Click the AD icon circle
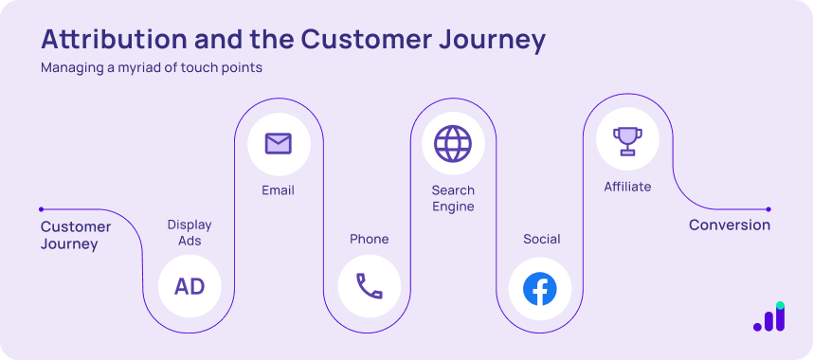click(190, 286)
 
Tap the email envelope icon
click(278, 144)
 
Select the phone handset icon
click(369, 286)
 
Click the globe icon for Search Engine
click(452, 144)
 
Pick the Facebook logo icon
click(540, 288)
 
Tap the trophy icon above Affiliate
click(626, 141)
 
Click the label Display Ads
click(190, 233)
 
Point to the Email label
click(278, 190)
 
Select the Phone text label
click(369, 239)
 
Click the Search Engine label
click(453, 198)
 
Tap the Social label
click(541, 239)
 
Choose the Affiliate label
click(627, 187)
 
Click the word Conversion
click(729, 225)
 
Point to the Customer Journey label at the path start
click(75, 235)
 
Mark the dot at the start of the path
click(41, 209)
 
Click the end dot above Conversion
click(768, 209)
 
